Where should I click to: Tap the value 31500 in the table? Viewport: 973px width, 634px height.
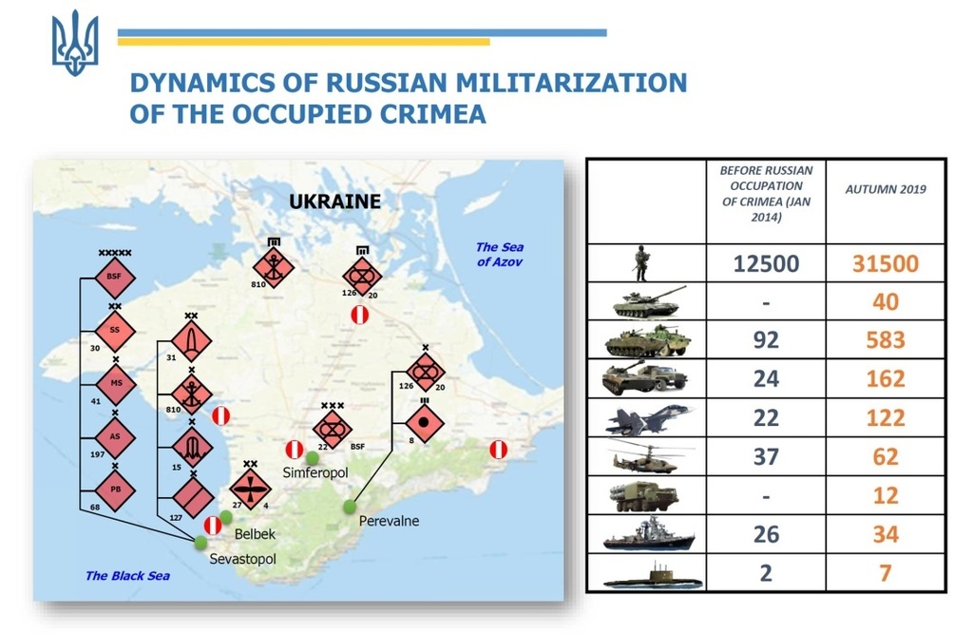click(885, 262)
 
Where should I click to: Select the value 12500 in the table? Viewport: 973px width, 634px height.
click(766, 262)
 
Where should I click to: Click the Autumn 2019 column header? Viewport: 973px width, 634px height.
click(885, 189)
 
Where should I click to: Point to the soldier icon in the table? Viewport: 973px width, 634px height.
click(642, 262)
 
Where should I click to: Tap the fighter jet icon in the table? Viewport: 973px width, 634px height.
click(650, 418)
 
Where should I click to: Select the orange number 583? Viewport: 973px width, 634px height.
click(885, 340)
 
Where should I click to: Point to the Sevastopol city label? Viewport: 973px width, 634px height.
click(242, 559)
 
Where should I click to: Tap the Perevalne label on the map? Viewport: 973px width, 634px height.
click(389, 521)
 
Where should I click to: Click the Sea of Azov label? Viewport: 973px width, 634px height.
click(500, 254)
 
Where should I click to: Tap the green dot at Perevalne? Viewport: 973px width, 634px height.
click(351, 507)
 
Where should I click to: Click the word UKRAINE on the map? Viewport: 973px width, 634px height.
click(334, 202)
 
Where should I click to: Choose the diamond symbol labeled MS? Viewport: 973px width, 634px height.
click(115, 382)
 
